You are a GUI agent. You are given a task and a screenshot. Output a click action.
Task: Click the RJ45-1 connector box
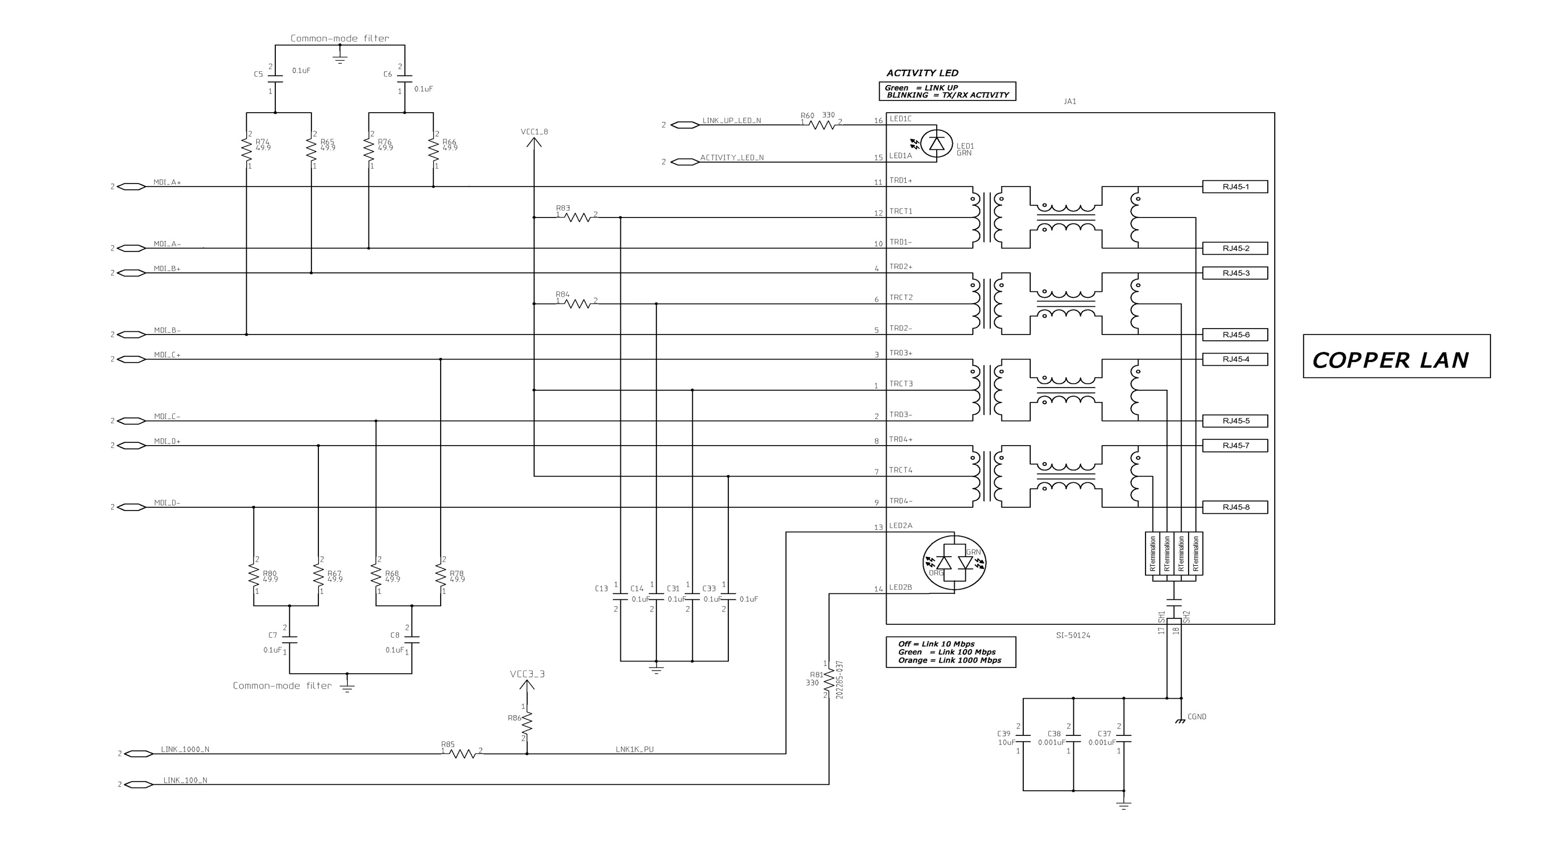pos(1235,187)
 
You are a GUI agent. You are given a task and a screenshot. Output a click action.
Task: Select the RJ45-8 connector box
pos(1235,507)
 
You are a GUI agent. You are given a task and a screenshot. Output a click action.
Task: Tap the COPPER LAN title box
pos(1396,356)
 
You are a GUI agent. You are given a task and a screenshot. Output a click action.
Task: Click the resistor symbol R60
pos(821,125)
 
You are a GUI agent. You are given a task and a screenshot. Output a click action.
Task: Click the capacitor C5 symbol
pos(275,79)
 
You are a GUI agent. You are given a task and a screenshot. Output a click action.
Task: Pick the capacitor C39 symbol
pos(1023,739)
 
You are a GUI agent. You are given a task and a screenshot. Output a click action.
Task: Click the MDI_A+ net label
pos(167,182)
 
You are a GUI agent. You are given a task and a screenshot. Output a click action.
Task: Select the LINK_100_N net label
pos(185,780)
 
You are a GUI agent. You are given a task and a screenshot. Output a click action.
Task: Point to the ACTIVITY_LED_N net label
pos(732,158)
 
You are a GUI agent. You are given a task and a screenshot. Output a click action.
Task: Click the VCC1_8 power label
pos(534,132)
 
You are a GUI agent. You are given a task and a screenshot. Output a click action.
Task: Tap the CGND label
pos(1196,717)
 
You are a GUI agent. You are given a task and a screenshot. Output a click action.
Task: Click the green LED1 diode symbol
pos(936,144)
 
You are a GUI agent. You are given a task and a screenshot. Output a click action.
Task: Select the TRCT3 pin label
pos(900,383)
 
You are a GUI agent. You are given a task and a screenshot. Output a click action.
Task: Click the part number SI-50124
pos(1073,635)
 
